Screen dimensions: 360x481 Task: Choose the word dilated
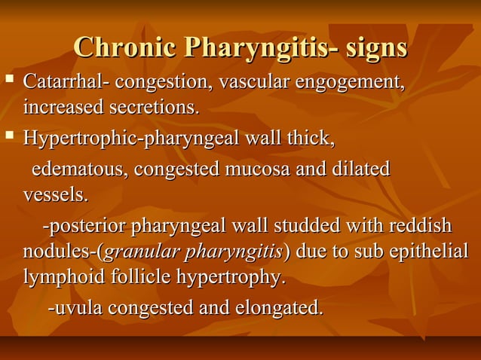360,169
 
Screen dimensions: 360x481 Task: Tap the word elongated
281,308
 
